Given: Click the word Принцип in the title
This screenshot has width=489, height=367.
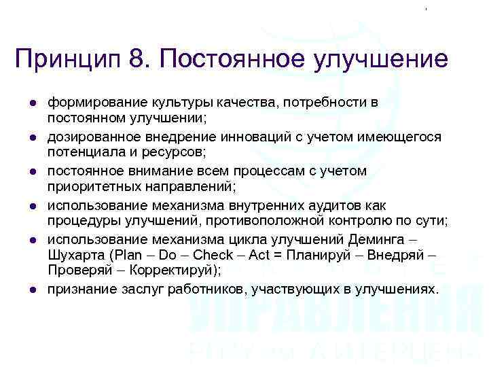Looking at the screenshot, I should (x=65, y=58).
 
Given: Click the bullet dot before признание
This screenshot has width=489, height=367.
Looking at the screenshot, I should (x=32, y=289).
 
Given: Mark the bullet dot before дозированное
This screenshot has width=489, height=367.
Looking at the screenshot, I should (x=32, y=138).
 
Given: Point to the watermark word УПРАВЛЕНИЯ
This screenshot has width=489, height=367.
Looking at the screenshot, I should (x=332, y=315).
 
